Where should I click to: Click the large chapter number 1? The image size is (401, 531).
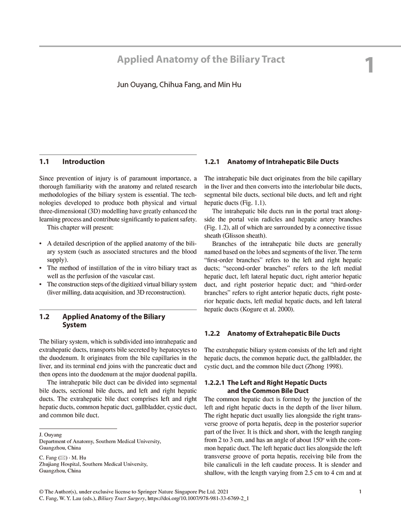coord(368,65)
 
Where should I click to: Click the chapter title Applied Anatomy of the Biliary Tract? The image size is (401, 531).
coord(200,60)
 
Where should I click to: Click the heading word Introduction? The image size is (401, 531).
coord(83,161)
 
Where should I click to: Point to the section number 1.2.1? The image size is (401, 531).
coord(213,162)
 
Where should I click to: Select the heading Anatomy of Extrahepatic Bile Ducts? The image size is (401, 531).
coord(283,333)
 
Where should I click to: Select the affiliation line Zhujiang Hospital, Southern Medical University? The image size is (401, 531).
coord(93,464)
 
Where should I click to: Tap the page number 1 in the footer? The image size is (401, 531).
coord(360,492)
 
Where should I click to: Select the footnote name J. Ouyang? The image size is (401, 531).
coord(50,435)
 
